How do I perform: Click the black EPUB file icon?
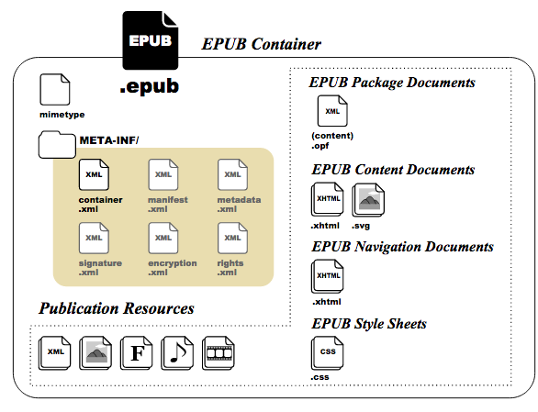click(151, 40)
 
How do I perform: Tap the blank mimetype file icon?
click(55, 90)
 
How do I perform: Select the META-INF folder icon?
click(57, 144)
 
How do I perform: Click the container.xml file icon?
click(94, 174)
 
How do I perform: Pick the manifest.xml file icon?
click(163, 174)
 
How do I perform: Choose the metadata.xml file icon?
click(232, 174)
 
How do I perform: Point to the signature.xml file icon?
click(94, 238)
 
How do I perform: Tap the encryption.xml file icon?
click(163, 238)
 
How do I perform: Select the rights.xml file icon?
click(232, 238)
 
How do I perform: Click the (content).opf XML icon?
click(332, 111)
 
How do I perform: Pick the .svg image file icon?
click(368, 200)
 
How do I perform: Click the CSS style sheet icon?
click(328, 353)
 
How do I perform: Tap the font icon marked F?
click(137, 353)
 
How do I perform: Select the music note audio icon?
click(177, 353)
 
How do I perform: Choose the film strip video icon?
click(219, 353)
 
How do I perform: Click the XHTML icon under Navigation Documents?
click(328, 276)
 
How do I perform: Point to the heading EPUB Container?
click(261, 44)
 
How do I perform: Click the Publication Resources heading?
click(117, 308)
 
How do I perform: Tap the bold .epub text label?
click(150, 86)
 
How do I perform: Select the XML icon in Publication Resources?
click(55, 353)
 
